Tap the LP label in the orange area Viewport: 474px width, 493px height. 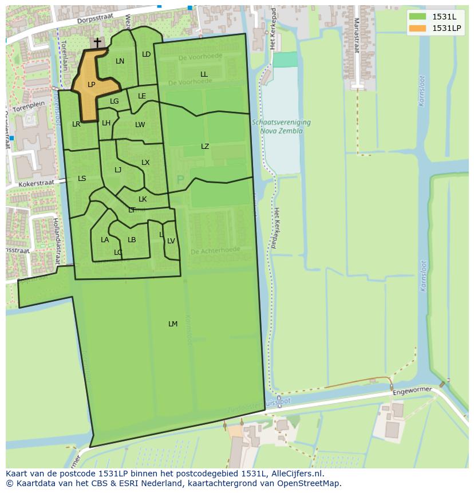(x=91, y=85)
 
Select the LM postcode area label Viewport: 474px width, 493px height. (x=173, y=324)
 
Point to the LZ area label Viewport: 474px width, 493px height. (x=205, y=147)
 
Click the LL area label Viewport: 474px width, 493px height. (x=204, y=74)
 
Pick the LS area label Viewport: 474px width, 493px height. (x=82, y=179)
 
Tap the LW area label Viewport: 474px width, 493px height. (x=140, y=125)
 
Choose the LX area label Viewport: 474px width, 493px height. (x=145, y=163)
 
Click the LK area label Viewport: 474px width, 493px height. (x=143, y=199)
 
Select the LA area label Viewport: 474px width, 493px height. (x=105, y=240)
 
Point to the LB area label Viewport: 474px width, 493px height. (x=132, y=240)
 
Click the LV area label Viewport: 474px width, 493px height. (x=171, y=241)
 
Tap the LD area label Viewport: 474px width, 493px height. (x=146, y=54)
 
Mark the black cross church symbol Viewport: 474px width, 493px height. (x=97, y=42)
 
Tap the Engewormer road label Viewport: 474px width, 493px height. (x=412, y=392)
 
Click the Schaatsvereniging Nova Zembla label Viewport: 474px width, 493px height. (x=281, y=127)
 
